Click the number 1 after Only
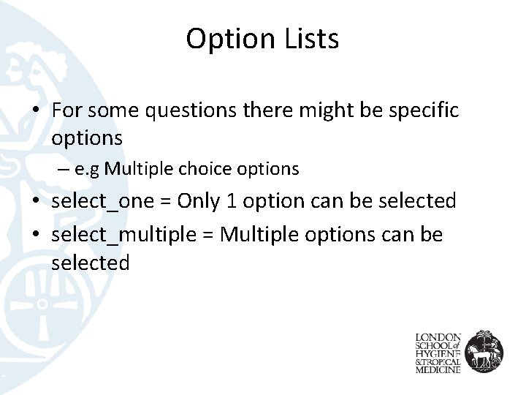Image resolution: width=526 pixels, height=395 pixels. [231, 200]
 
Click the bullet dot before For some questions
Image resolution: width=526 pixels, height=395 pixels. [35, 111]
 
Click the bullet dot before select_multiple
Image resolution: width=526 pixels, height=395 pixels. [35, 235]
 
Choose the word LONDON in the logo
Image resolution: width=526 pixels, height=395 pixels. [438, 337]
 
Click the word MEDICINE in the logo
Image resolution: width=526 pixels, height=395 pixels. [438, 370]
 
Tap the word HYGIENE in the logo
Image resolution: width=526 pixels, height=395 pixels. [438, 353]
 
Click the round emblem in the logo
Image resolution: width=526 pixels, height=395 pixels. [483, 350]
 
